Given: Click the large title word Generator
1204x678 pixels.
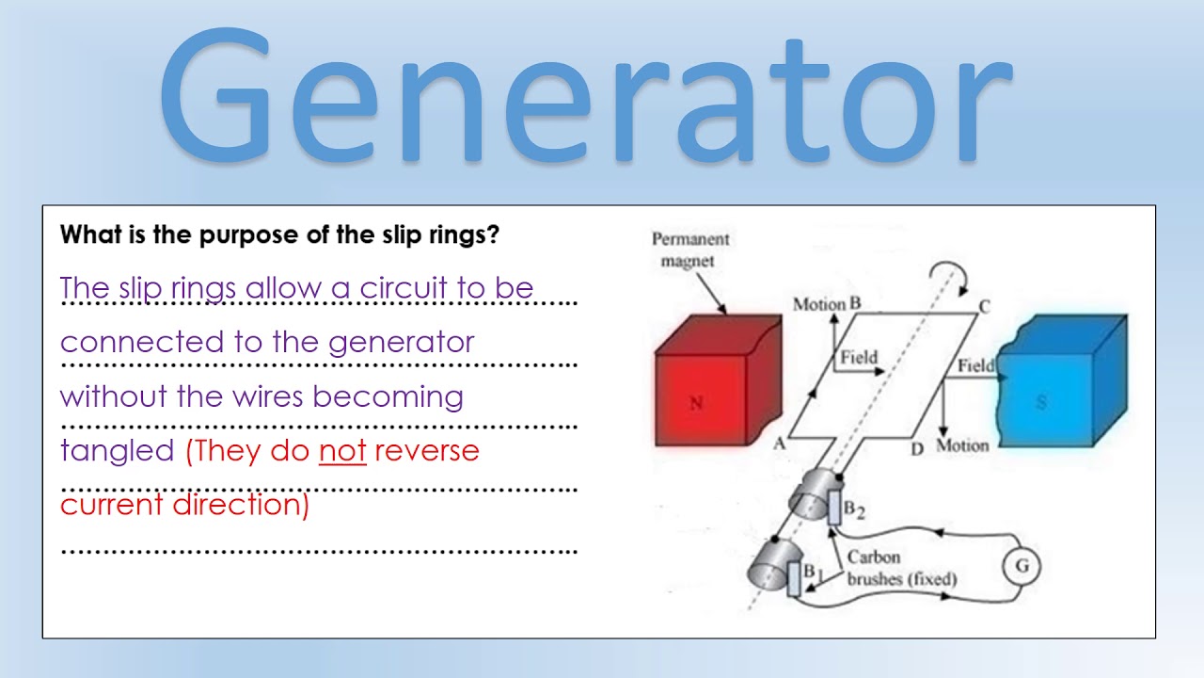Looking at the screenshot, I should coord(583,99).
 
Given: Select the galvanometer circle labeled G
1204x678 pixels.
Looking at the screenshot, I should coord(1022,566).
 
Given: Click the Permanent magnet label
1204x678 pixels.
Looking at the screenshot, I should coord(690,250).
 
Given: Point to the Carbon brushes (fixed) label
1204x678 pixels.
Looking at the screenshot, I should coord(899,569).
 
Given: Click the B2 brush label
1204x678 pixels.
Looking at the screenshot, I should coord(853,509).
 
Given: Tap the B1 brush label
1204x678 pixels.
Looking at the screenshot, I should coord(814,572).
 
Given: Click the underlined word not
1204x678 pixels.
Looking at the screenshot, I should coord(342,451).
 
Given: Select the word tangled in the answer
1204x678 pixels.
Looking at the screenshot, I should coord(118,452).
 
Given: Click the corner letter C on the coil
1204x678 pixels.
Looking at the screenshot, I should coord(984,306).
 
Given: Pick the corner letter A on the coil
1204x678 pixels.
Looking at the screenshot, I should coord(779,444).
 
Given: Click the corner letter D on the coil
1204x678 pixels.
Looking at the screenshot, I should coord(917,449).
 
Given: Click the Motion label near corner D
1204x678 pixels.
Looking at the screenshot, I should coord(962,445).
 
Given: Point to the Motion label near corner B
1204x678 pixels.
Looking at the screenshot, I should coord(819,304).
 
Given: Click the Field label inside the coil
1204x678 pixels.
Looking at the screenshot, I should coord(858,357).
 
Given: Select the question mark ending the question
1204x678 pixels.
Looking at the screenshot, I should coord(493,235).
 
